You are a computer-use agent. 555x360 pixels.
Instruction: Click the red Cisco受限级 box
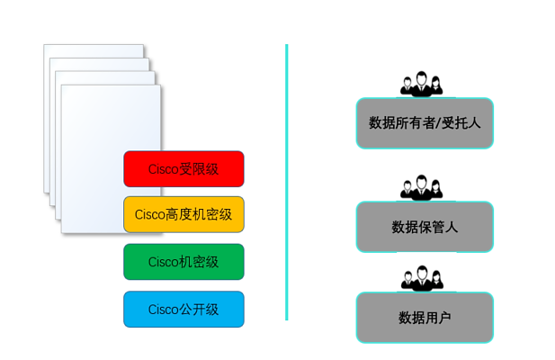point(184,169)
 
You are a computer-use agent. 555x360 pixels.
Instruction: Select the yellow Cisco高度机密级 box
point(184,214)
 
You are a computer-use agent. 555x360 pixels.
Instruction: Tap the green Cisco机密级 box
point(184,262)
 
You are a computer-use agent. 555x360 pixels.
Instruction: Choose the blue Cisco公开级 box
point(184,309)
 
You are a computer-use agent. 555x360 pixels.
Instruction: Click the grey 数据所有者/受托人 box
point(425,122)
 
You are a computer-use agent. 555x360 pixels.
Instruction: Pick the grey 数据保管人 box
point(425,227)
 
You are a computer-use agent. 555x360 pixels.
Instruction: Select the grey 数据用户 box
point(425,318)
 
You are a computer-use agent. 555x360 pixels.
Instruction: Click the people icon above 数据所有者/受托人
point(421,84)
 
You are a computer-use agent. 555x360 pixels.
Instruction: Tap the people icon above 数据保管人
point(421,187)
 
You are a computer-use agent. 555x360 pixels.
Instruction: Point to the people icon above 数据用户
point(422,279)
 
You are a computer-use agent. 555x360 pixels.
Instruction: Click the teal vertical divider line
point(287,183)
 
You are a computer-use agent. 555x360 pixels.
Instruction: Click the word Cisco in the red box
point(163,169)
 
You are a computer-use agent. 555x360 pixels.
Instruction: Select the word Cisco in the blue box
point(163,310)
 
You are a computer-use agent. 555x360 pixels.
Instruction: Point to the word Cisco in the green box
point(163,262)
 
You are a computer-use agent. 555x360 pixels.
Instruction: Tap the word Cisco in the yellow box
point(149,214)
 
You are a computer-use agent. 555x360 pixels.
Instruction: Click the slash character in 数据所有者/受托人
point(438,123)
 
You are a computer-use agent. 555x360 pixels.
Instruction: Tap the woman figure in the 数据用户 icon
point(437,280)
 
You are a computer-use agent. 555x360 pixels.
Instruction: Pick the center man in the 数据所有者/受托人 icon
point(421,83)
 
